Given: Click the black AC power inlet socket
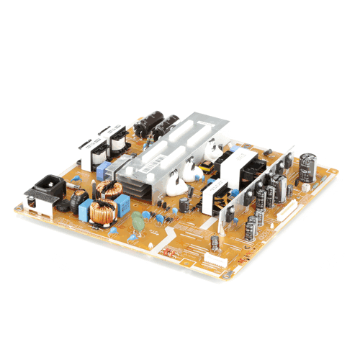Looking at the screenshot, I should point(44,188).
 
